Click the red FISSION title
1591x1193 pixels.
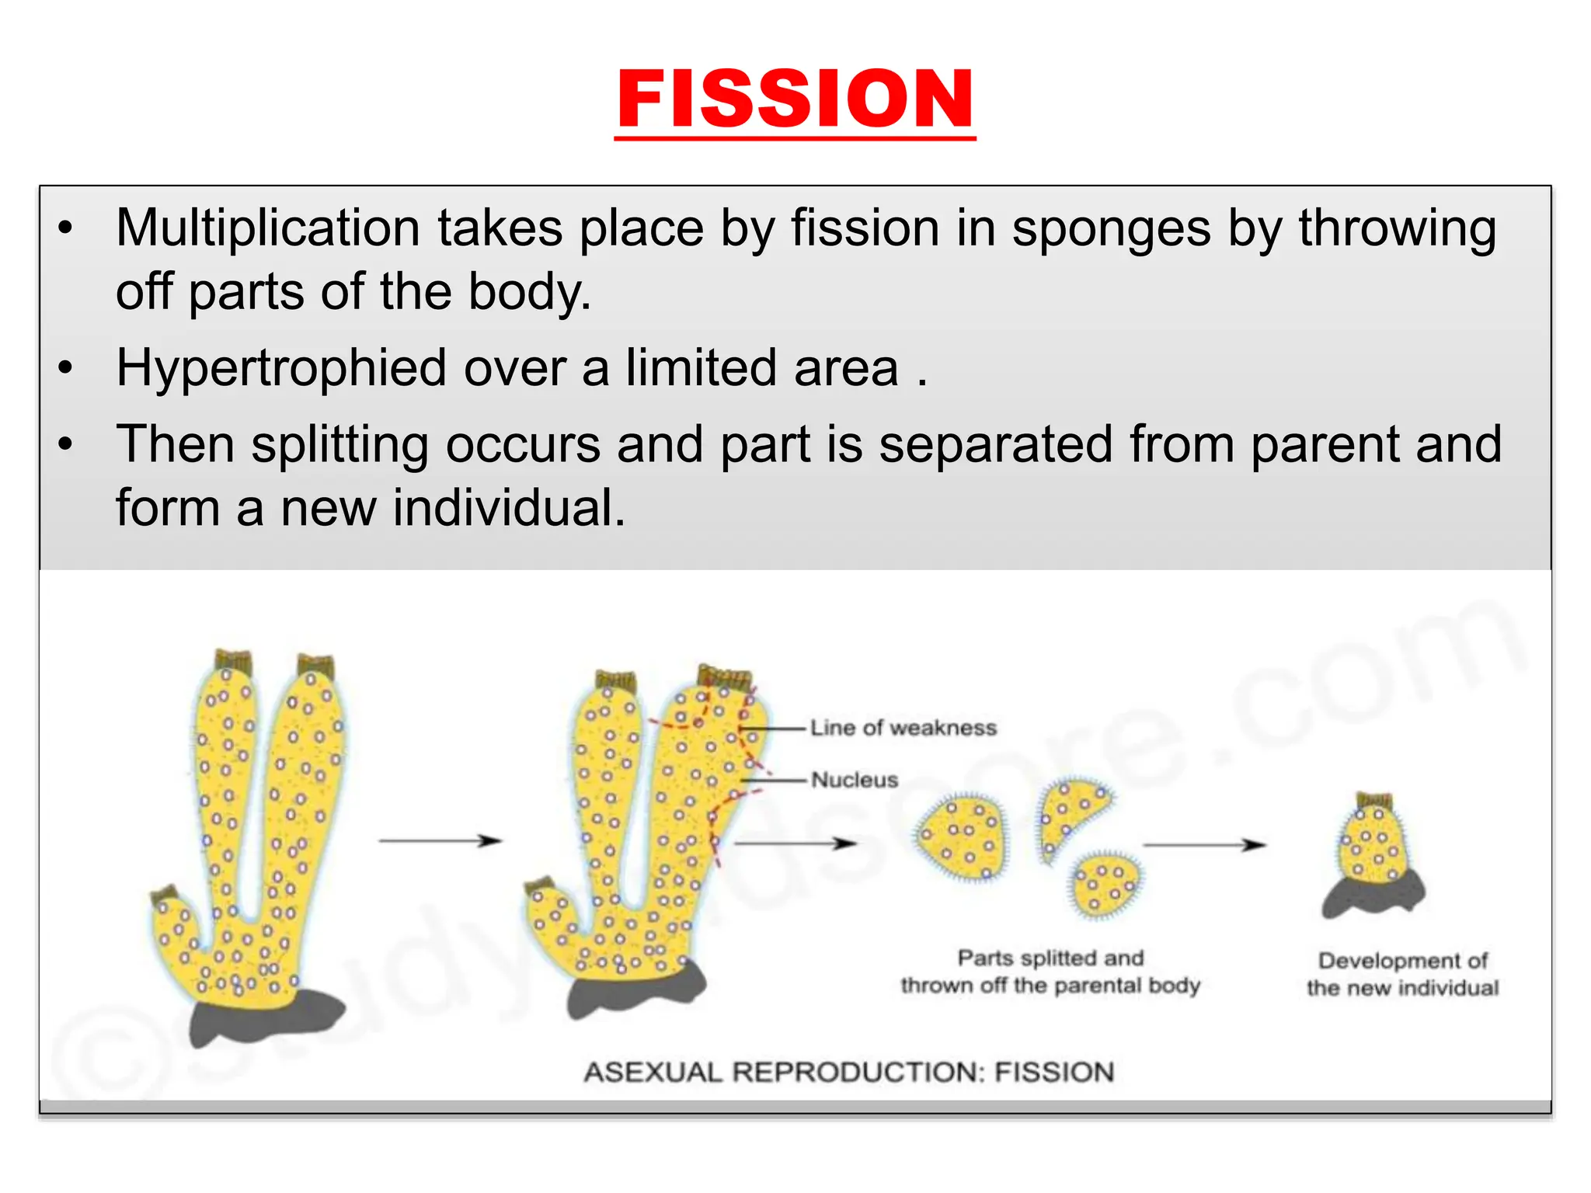tap(795, 99)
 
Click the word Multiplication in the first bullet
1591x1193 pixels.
tap(267, 228)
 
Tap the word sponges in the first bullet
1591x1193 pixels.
tap(1111, 228)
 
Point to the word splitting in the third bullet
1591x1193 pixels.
tap(339, 445)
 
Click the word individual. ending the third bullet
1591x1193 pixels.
tap(509, 509)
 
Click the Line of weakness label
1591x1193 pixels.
tap(903, 728)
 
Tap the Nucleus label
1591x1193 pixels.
tap(855, 780)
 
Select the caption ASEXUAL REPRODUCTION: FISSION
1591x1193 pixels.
tap(848, 1073)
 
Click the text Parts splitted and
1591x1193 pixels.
tap(1050, 958)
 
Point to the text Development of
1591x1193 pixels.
tap(1402, 961)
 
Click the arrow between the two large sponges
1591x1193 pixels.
tap(440, 841)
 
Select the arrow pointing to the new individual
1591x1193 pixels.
tap(1203, 845)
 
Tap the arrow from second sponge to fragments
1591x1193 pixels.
tap(794, 843)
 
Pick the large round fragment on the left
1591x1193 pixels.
tap(960, 837)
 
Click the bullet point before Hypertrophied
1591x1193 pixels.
tap(65, 368)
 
